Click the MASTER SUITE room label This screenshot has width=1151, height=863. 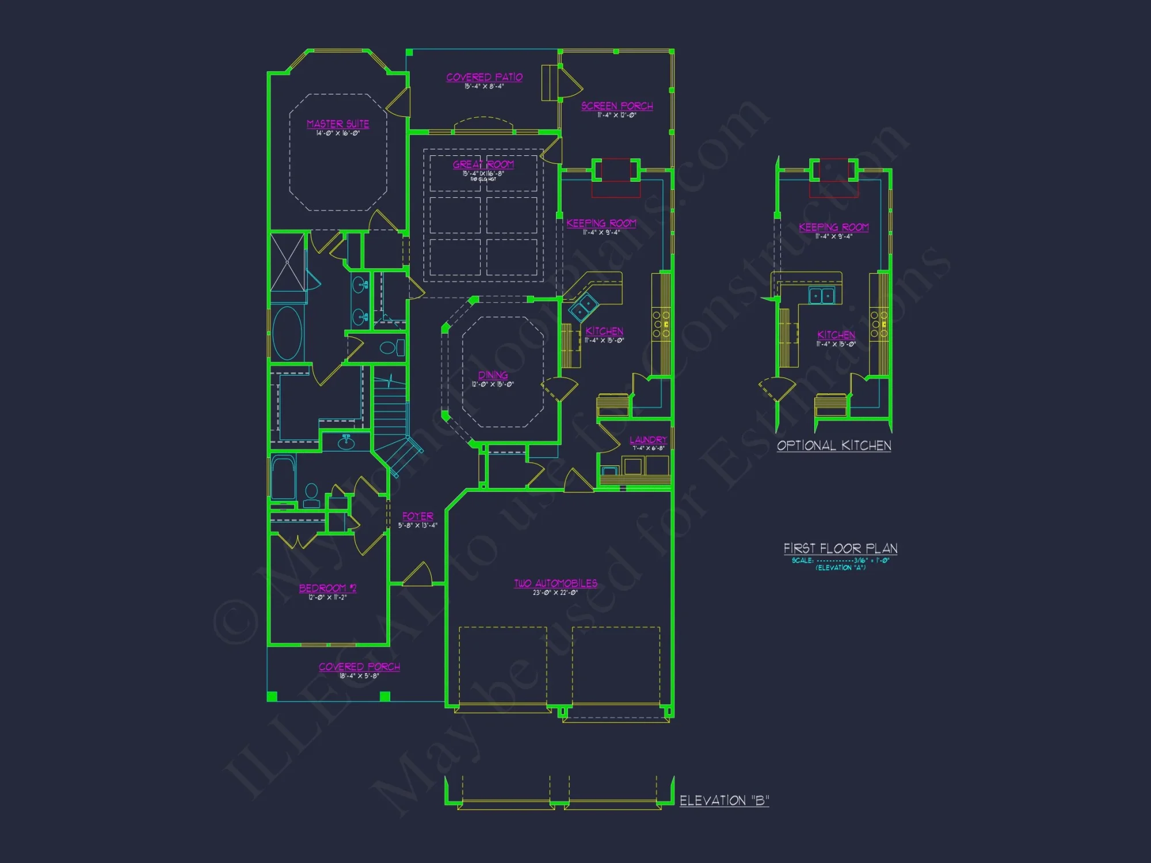(x=338, y=124)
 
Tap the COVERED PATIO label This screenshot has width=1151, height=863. (x=484, y=77)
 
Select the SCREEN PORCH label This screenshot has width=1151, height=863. (x=617, y=106)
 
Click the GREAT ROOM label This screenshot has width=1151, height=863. (x=483, y=165)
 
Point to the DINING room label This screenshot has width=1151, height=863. (x=493, y=375)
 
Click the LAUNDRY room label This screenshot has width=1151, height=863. (x=648, y=440)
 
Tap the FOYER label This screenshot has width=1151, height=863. (x=418, y=517)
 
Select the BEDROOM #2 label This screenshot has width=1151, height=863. (x=327, y=588)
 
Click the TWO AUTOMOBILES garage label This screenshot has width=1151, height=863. (x=555, y=583)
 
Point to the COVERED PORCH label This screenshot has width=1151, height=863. (x=359, y=667)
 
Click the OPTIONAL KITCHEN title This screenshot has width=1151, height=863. (x=834, y=446)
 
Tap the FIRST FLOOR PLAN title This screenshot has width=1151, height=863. (x=840, y=548)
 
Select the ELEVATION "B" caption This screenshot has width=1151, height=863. (x=724, y=800)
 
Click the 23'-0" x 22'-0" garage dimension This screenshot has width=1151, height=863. (x=555, y=593)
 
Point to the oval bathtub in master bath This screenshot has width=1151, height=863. (x=287, y=334)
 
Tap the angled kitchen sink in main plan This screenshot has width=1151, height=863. (x=584, y=307)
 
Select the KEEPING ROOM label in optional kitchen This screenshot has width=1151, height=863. (x=833, y=227)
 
